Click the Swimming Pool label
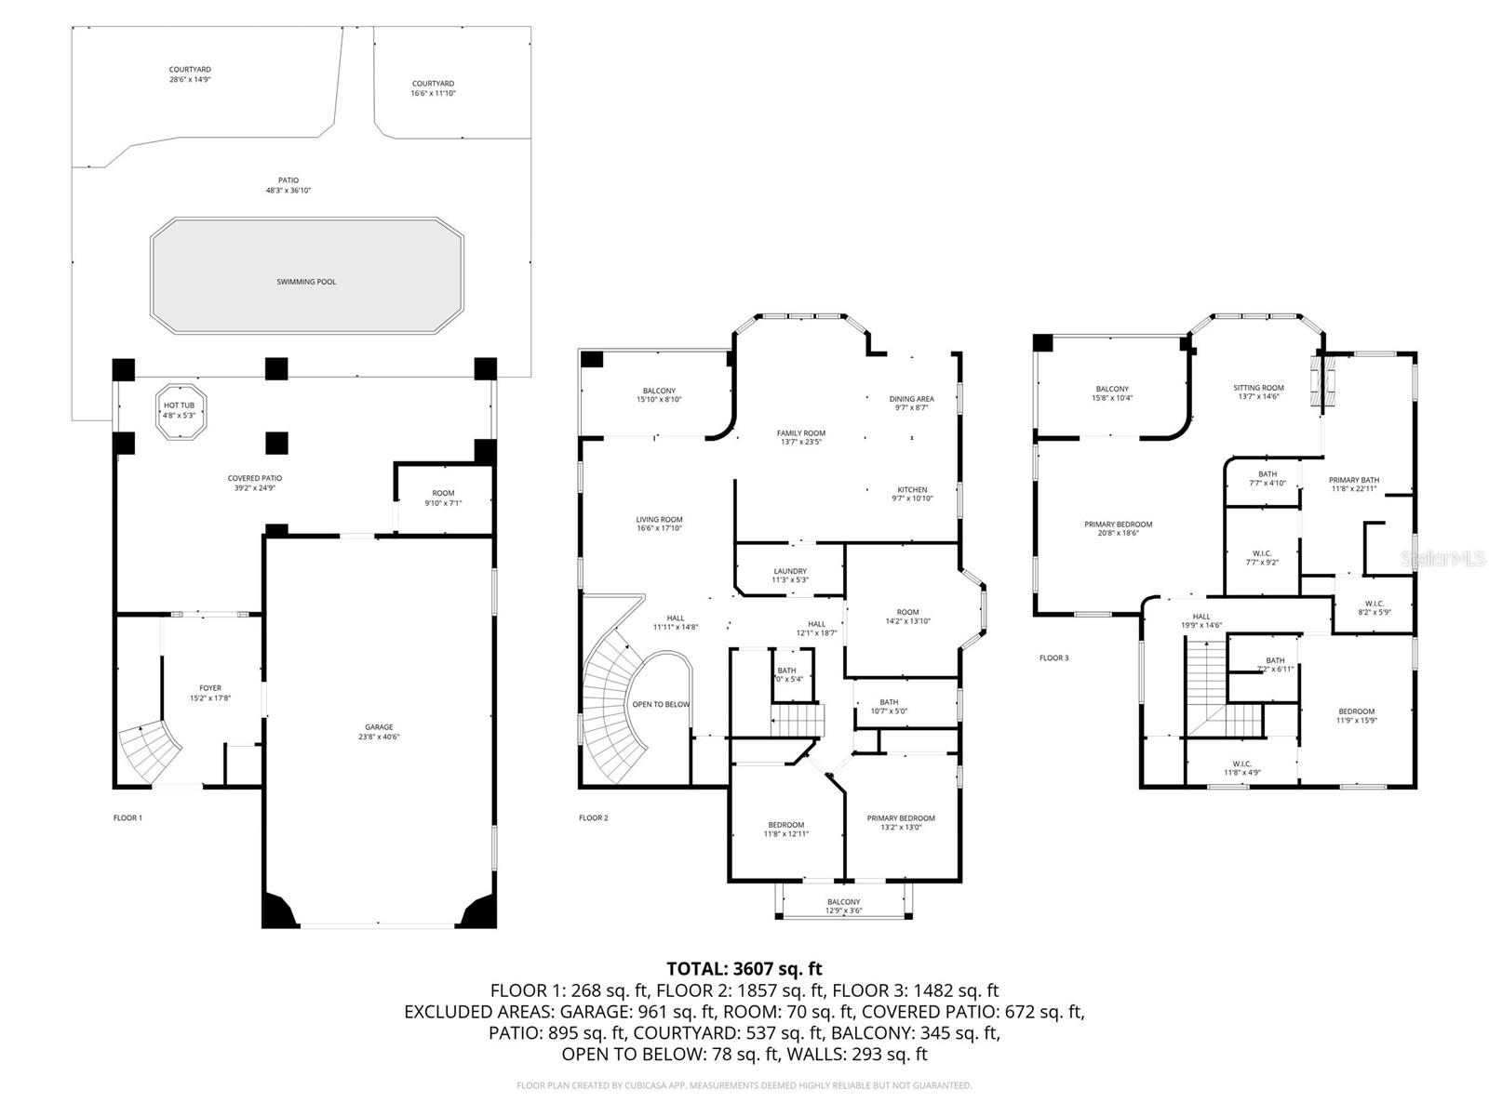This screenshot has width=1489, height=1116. pyautogui.click(x=306, y=282)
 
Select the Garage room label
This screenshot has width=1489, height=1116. pyautogui.click(x=379, y=732)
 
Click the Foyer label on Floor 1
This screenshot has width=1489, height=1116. pyautogui.click(x=210, y=693)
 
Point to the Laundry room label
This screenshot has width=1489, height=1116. pyautogui.click(x=790, y=576)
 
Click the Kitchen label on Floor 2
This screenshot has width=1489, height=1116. pyautogui.click(x=912, y=494)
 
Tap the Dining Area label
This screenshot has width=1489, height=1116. pyautogui.click(x=911, y=403)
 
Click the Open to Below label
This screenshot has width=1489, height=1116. pyautogui.click(x=661, y=704)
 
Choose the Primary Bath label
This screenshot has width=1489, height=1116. pyautogui.click(x=1353, y=485)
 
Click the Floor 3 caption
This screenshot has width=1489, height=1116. pyautogui.click(x=1053, y=658)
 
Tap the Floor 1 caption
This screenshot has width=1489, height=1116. pyautogui.click(x=127, y=818)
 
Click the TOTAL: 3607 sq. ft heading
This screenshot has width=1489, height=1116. pyautogui.click(x=744, y=969)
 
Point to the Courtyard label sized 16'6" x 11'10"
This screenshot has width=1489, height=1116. pyautogui.click(x=433, y=88)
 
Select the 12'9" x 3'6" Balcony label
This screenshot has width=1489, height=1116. pyautogui.click(x=843, y=907)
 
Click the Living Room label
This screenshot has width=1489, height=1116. pyautogui.click(x=659, y=525)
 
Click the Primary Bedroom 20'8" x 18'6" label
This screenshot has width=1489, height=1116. pyautogui.click(x=1118, y=529)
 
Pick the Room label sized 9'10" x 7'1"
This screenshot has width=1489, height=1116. pyautogui.click(x=443, y=498)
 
